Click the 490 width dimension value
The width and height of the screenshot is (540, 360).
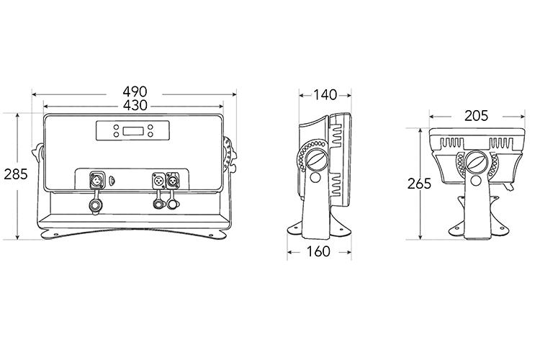click(135, 92)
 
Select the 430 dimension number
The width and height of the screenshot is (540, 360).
click(135, 105)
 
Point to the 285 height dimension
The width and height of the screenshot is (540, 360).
click(15, 174)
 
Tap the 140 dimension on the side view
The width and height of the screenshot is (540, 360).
click(325, 95)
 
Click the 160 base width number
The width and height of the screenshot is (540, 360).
click(318, 252)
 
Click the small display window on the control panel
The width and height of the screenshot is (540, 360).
click(134, 131)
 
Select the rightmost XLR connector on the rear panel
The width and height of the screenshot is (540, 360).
click(174, 179)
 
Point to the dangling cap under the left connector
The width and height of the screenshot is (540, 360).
click(94, 206)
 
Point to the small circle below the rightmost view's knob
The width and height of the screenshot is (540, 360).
click(475, 181)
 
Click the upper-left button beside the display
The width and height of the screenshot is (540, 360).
click(114, 127)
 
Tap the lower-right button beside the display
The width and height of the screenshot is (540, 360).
click(153, 135)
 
